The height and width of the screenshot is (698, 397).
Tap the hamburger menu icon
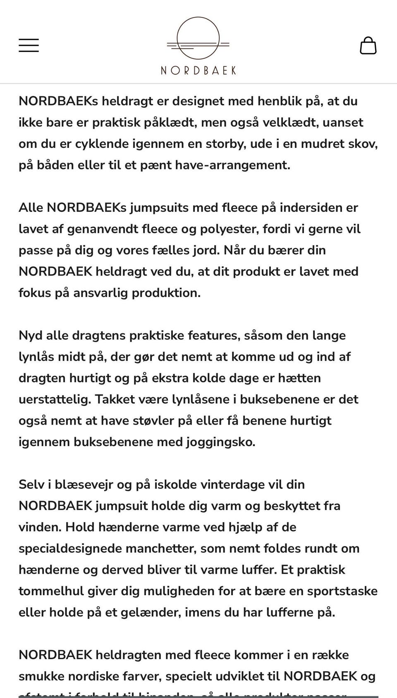point(29,45)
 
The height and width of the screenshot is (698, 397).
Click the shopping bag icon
point(368,45)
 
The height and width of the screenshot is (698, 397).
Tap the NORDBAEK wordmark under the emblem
point(198,70)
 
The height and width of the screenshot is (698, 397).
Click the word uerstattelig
point(55,400)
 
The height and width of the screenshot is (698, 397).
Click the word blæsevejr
point(84,484)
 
